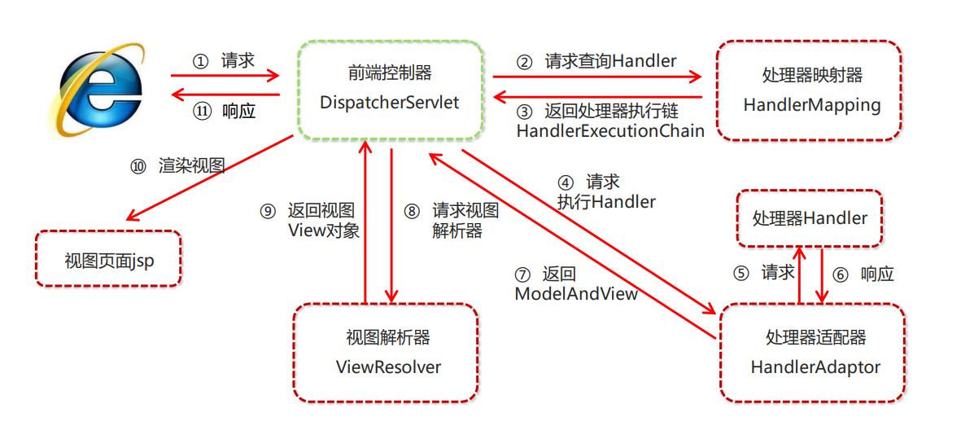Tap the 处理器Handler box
(810, 218)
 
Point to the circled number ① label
(200, 62)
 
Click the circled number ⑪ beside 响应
(201, 112)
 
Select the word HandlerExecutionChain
(609, 130)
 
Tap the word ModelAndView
(576, 293)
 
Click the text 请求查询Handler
(610, 61)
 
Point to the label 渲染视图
(192, 166)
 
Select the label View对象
(324, 231)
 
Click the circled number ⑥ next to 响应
(841, 274)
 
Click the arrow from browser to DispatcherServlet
(225, 77)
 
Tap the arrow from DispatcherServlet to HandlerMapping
(596, 77)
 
